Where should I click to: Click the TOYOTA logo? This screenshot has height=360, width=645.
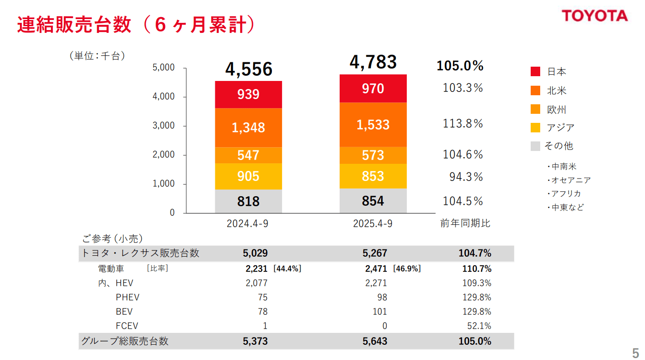(x=595, y=16)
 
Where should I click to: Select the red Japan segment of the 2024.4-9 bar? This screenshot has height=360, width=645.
(x=248, y=94)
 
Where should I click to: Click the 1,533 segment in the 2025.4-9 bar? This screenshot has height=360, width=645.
(x=373, y=125)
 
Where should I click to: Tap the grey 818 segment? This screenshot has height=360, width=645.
(x=248, y=201)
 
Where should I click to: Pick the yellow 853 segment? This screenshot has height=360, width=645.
(x=373, y=176)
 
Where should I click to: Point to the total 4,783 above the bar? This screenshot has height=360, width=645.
(x=373, y=62)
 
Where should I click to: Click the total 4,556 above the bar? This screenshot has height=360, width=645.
(x=249, y=70)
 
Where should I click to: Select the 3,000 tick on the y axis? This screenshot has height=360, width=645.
(x=164, y=126)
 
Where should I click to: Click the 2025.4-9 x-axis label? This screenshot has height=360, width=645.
(x=373, y=223)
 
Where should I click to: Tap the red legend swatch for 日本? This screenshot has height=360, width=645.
(x=535, y=72)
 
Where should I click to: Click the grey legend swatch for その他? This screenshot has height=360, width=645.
(x=535, y=146)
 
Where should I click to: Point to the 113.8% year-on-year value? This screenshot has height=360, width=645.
(x=463, y=124)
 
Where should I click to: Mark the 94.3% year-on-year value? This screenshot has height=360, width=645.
(x=466, y=177)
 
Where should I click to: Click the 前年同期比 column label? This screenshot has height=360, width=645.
(x=465, y=223)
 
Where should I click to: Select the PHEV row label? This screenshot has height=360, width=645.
(x=127, y=298)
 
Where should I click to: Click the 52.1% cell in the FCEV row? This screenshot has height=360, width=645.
(x=480, y=326)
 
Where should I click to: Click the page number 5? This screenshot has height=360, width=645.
(x=635, y=353)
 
